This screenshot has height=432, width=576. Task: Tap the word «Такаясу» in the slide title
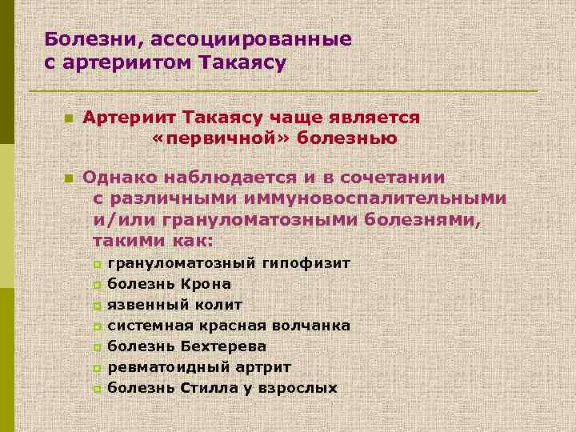coord(239,62)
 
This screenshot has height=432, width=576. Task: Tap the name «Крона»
coord(205,284)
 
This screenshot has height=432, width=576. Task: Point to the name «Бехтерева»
coord(224,346)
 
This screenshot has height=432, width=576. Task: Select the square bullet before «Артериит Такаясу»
coord(70,118)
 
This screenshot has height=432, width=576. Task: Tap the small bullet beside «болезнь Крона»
coord(97,285)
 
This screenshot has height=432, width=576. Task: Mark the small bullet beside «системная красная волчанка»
coord(97,326)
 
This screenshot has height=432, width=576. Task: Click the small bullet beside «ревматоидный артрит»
coord(97,368)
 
